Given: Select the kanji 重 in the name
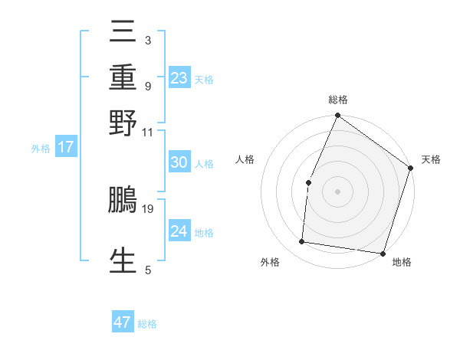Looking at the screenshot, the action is coord(123,77).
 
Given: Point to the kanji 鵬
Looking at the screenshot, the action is coord(123,200).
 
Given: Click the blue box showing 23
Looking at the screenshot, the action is coord(179,78).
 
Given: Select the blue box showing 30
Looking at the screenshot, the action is coord(179,162).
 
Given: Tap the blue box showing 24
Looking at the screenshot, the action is coord(179,231).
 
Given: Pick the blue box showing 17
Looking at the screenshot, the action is coord(66,148).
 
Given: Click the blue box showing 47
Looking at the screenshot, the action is coord(123,322).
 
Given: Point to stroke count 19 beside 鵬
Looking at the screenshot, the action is coord(148,208).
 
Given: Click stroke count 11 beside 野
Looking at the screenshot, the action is coord(148,132).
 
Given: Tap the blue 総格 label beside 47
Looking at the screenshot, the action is coord(147,324).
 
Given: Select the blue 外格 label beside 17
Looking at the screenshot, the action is coord(41,149).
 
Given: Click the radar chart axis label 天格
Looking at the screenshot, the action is coord(431,159).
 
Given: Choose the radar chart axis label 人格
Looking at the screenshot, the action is coord(245,159).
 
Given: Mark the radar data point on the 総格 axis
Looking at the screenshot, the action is coord(337,116).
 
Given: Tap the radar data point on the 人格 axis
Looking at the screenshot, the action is coord(308,182).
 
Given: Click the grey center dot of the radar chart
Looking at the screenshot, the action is coord(337,191).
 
